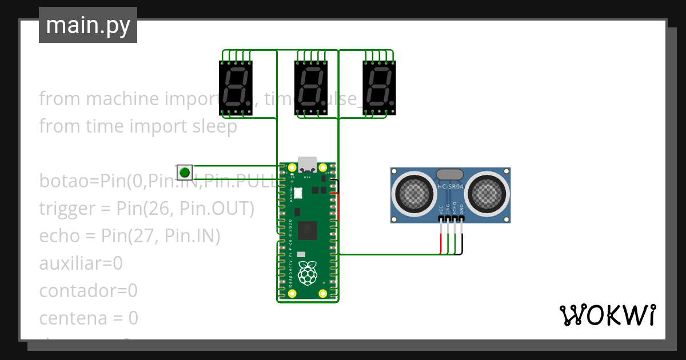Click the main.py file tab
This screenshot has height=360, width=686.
(x=88, y=25)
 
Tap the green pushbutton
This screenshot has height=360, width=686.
(x=184, y=172)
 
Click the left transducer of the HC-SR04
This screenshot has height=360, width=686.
(x=414, y=194)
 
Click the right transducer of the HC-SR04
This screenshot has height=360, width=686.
(x=486, y=194)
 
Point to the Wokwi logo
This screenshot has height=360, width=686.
(x=607, y=315)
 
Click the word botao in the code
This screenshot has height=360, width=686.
(x=65, y=181)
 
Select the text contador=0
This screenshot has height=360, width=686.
(x=88, y=291)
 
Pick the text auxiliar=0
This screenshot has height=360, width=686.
(x=81, y=263)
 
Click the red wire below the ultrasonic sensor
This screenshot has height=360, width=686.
(x=441, y=243)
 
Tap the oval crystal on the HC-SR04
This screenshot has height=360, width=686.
(x=450, y=174)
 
